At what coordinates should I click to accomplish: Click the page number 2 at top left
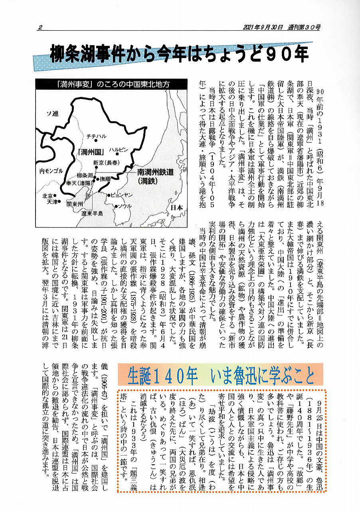(40, 27)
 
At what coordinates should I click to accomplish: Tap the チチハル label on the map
(97, 137)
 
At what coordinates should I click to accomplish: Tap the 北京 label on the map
(47, 196)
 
